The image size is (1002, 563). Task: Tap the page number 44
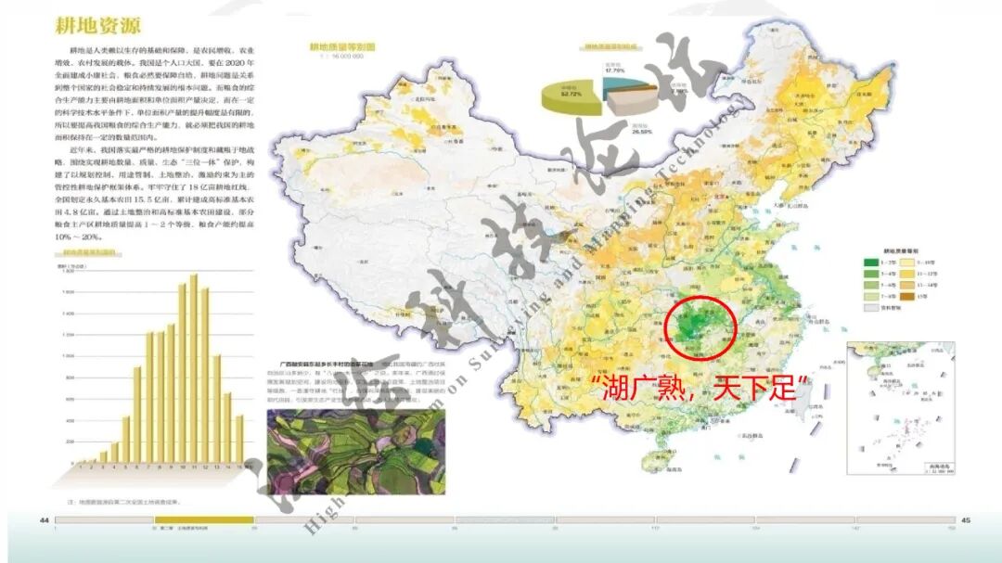tap(44, 520)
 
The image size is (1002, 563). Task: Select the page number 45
tap(965, 520)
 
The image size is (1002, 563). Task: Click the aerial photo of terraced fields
tap(355, 452)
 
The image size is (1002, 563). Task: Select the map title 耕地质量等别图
tap(341, 45)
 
